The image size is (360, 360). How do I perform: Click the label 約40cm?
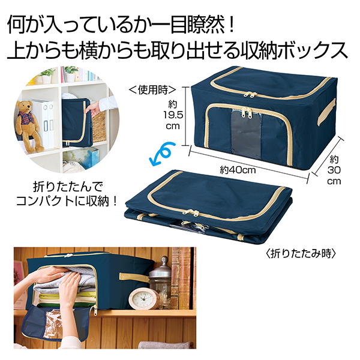[238, 170]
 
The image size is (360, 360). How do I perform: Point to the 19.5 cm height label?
[173, 115]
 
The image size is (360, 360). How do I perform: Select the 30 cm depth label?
[334, 170]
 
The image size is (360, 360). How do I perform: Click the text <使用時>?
[152, 90]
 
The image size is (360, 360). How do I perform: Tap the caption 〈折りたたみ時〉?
[301, 254]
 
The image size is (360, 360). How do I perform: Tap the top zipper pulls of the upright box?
[250, 94]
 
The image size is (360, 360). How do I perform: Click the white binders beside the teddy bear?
[44, 124]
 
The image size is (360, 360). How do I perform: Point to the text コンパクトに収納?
[66, 202]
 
